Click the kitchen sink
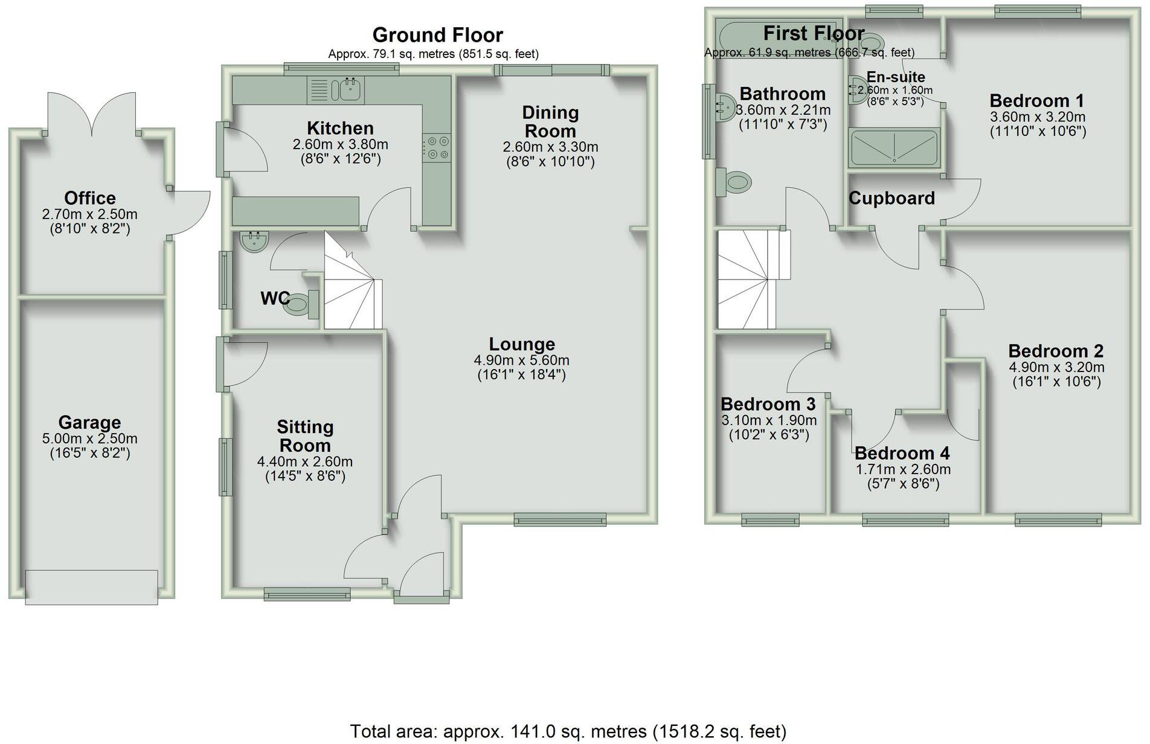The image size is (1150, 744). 350,90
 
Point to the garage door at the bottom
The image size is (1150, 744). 92,586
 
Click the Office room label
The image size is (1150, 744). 90,198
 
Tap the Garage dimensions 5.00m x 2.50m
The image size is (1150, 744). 89,439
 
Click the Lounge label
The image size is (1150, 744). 522,344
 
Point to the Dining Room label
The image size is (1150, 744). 550,121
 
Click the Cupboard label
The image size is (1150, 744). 891,198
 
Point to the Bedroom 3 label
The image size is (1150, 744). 768,403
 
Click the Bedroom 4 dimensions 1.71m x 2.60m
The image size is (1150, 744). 902,469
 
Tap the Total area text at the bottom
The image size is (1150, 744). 568,731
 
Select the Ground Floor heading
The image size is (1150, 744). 437,35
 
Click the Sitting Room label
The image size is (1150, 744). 305,436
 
